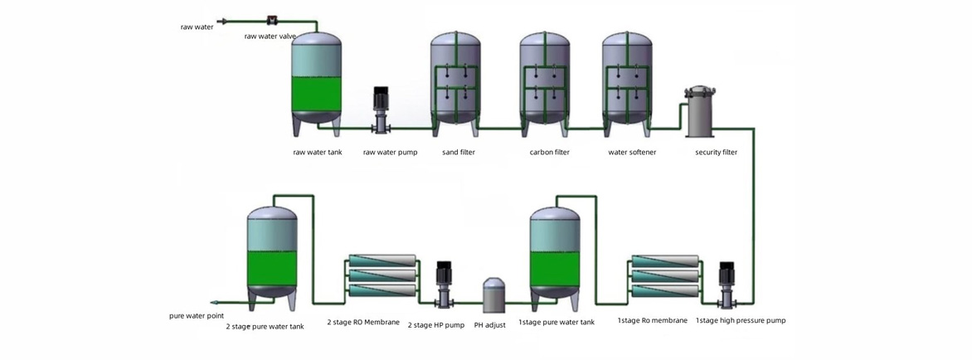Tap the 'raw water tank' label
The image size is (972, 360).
coord(318,153)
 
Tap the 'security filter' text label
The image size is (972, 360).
coord(716,153)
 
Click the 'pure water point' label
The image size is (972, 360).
coord(197,316)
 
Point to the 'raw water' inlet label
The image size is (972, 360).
coord(197,27)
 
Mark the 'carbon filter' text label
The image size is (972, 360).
coord(550,153)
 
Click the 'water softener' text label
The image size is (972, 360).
coord(632,153)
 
